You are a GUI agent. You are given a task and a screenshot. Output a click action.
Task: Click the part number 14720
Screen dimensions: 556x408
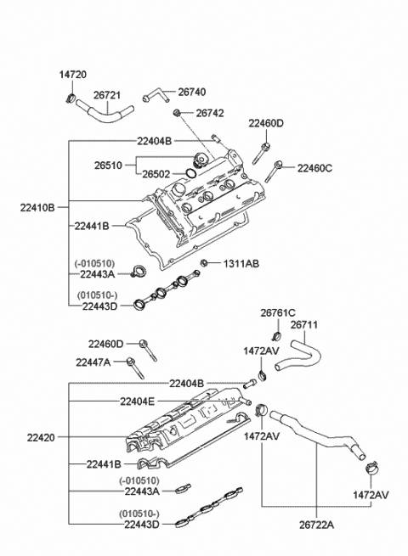[73, 75]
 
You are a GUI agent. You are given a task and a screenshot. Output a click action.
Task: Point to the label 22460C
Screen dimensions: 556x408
[314, 168]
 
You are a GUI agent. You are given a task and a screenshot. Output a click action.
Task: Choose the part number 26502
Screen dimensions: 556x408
[158, 173]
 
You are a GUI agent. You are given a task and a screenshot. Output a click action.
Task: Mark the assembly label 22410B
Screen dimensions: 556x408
[38, 207]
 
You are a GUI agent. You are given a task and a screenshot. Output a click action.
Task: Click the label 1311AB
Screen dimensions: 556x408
[241, 263]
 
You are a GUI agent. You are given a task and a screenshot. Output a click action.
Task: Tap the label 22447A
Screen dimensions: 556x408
[106, 362]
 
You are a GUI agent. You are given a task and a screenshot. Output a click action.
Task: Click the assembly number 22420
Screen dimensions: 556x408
[40, 437]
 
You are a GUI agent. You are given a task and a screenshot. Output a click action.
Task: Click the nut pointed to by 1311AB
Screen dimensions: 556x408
[205, 263]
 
